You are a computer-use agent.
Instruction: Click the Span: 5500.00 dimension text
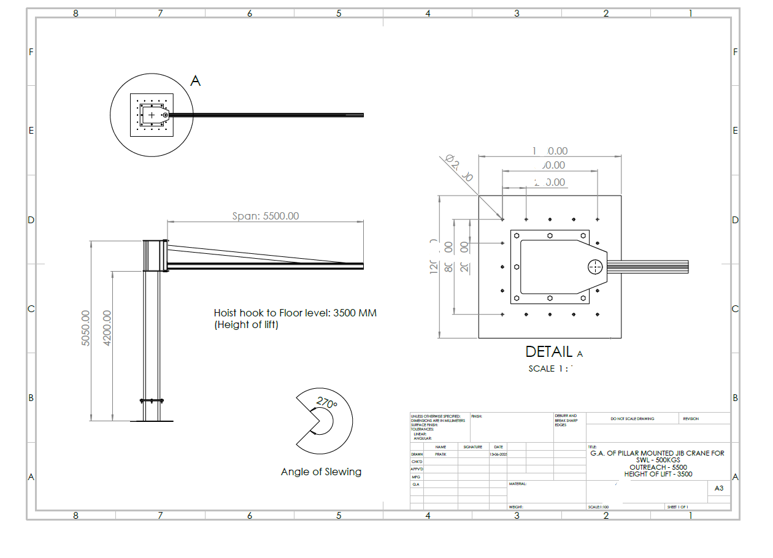[x=265, y=216]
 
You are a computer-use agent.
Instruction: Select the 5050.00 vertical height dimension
[x=87, y=328]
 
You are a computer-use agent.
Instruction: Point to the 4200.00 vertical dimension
[x=108, y=328]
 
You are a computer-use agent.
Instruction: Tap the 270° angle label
[x=326, y=403]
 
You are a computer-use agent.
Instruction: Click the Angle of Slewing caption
[x=321, y=472]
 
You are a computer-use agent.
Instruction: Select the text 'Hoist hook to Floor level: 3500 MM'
[x=295, y=313]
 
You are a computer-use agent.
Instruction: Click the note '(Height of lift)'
[x=246, y=325]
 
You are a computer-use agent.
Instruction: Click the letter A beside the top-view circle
[x=195, y=81]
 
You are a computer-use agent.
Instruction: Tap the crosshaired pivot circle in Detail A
[x=594, y=267]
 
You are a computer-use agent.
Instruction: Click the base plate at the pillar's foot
[x=152, y=421]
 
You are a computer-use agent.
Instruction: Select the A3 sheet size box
[x=719, y=489]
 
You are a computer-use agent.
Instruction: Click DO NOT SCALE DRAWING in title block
[x=632, y=419]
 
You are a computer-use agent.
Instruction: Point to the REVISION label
[x=691, y=419]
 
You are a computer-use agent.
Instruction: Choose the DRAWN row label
[x=417, y=454]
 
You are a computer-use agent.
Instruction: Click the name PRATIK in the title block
[x=440, y=454]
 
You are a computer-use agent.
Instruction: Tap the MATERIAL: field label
[x=518, y=484]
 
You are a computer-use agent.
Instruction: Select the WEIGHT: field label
[x=515, y=507]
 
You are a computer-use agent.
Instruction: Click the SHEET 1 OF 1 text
[x=678, y=507]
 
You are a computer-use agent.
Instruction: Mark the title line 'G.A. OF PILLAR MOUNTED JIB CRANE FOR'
[x=657, y=453]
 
